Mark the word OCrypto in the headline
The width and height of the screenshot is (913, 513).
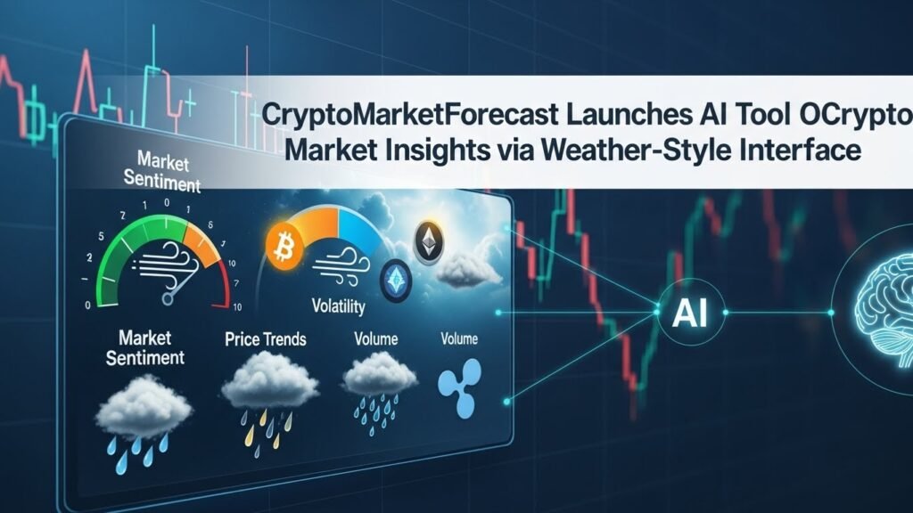860,117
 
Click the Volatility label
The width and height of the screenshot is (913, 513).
338,307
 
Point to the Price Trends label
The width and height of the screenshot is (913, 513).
266,339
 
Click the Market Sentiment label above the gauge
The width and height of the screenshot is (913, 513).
169,172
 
